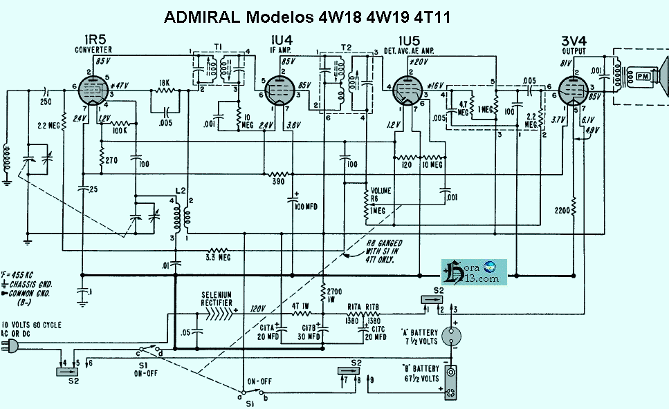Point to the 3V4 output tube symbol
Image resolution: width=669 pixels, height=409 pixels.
click(x=573, y=88)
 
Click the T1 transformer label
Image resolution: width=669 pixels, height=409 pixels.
click(x=217, y=46)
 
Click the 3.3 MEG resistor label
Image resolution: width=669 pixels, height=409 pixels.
click(x=220, y=258)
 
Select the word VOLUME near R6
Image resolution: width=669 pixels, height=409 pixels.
click(x=382, y=190)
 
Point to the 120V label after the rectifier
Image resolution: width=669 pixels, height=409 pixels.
click(x=258, y=309)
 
